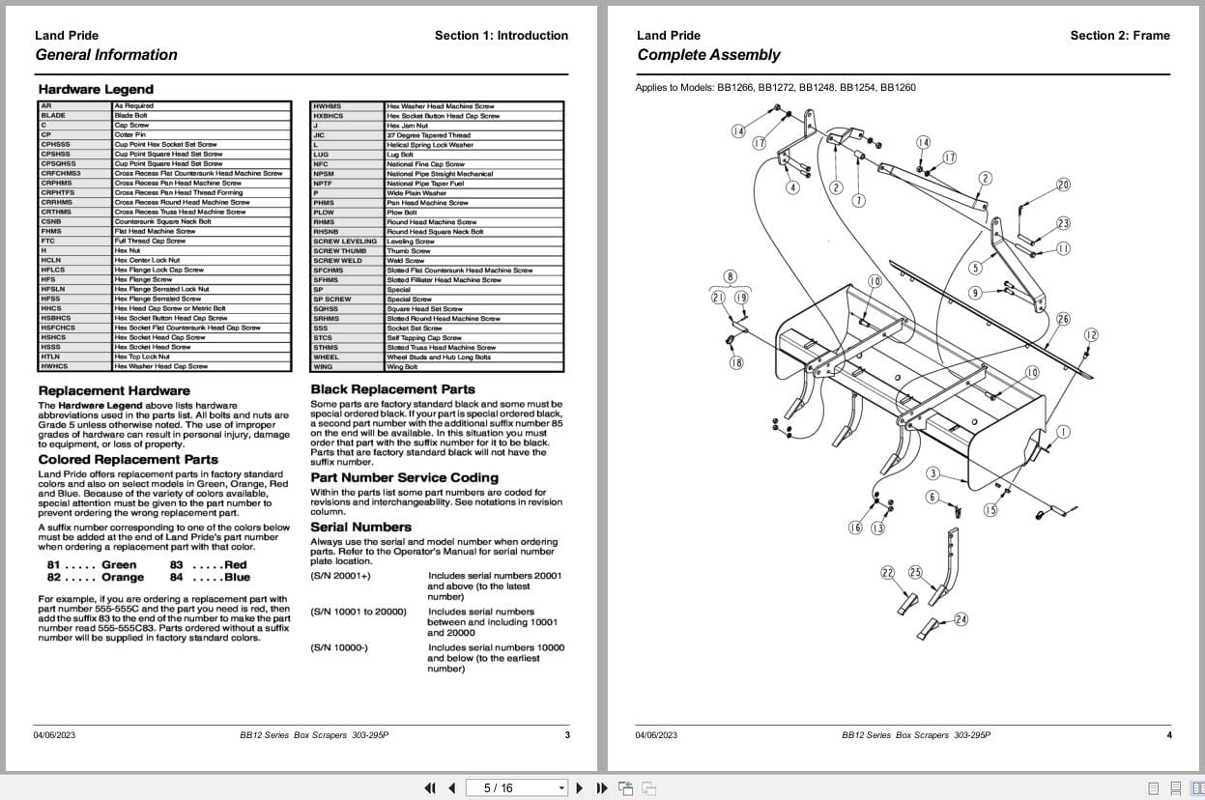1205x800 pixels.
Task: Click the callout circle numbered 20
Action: click(x=1063, y=185)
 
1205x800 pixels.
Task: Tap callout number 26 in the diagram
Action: click(x=1063, y=319)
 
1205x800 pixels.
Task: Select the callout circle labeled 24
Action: click(x=961, y=619)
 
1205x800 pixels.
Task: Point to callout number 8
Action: click(x=730, y=277)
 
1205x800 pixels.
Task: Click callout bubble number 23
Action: click(x=1063, y=224)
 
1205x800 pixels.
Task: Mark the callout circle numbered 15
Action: click(x=990, y=510)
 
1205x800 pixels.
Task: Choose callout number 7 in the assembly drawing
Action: click(x=858, y=201)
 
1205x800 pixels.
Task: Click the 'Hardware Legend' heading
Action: click(x=96, y=90)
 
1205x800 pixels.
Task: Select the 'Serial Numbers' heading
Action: click(x=360, y=527)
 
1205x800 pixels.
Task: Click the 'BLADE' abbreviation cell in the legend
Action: click(x=53, y=116)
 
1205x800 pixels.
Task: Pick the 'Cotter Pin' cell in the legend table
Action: click(x=129, y=135)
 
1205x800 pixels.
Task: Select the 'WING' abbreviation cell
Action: click(x=323, y=367)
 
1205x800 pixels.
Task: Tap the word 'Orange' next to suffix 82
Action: click(x=123, y=578)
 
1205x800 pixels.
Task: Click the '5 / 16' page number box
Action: click(x=514, y=788)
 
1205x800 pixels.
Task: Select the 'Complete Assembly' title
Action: click(x=708, y=55)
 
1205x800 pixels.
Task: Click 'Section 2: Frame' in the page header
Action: click(x=1119, y=36)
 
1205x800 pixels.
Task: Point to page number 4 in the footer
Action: click(x=1168, y=735)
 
